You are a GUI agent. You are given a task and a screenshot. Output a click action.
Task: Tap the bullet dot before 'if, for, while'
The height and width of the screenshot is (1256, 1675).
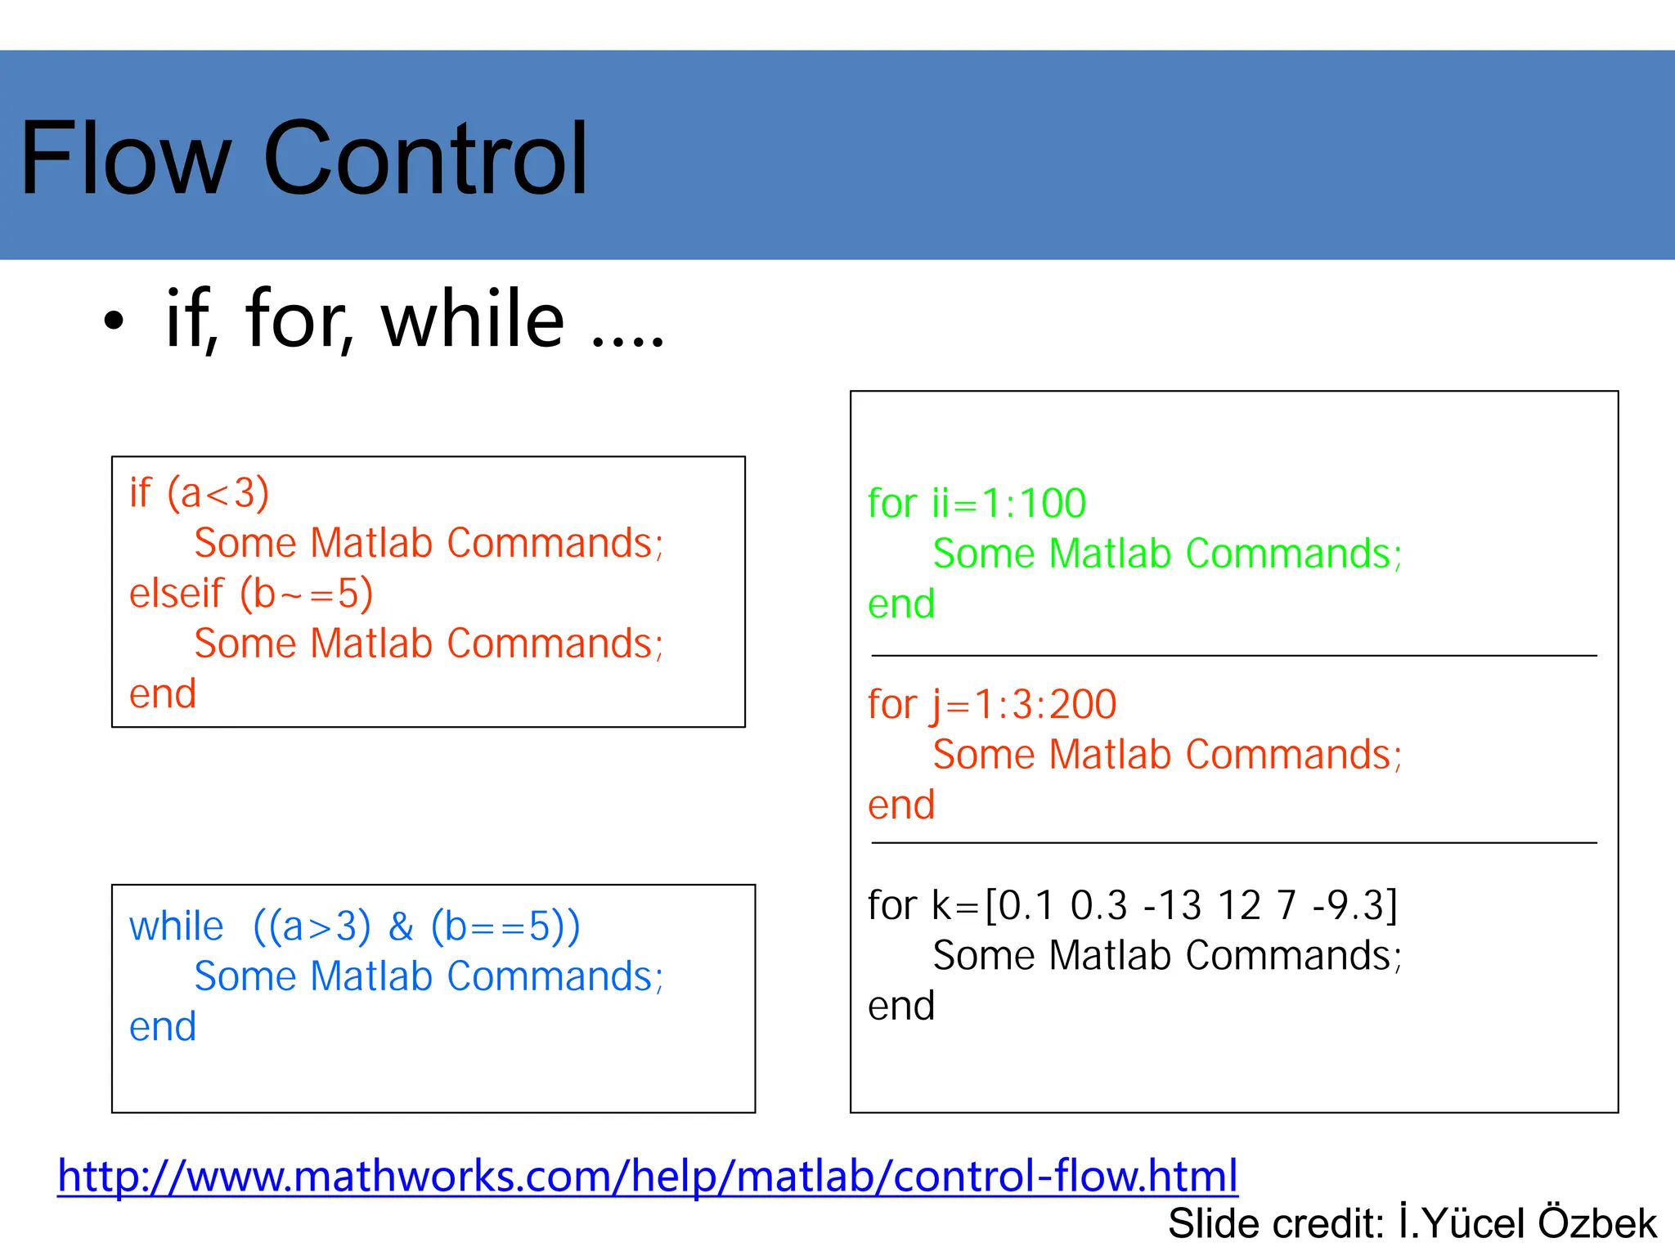tap(114, 321)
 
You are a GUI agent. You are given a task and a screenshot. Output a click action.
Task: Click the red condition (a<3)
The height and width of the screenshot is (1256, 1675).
tap(218, 493)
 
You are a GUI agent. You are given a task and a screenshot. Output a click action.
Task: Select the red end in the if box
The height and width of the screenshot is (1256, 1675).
tap(163, 694)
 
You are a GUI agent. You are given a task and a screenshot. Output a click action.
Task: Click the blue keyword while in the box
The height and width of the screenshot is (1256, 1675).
tap(176, 926)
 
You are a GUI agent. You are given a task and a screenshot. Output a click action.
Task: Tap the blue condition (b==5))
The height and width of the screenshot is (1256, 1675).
tap(505, 926)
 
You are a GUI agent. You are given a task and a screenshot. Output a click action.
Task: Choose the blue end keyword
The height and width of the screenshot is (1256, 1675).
tap(163, 1027)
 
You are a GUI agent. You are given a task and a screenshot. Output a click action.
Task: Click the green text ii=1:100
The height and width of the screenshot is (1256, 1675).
tap(1008, 503)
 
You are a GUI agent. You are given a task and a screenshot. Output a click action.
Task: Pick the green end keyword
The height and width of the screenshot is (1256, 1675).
tap(901, 604)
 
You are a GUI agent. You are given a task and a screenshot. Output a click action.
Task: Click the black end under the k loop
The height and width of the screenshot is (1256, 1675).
tap(901, 1006)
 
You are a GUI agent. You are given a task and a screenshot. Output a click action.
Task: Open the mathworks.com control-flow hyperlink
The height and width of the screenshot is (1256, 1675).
tap(647, 1176)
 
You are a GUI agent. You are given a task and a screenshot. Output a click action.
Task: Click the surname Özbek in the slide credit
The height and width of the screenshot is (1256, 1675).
tap(1596, 1223)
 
